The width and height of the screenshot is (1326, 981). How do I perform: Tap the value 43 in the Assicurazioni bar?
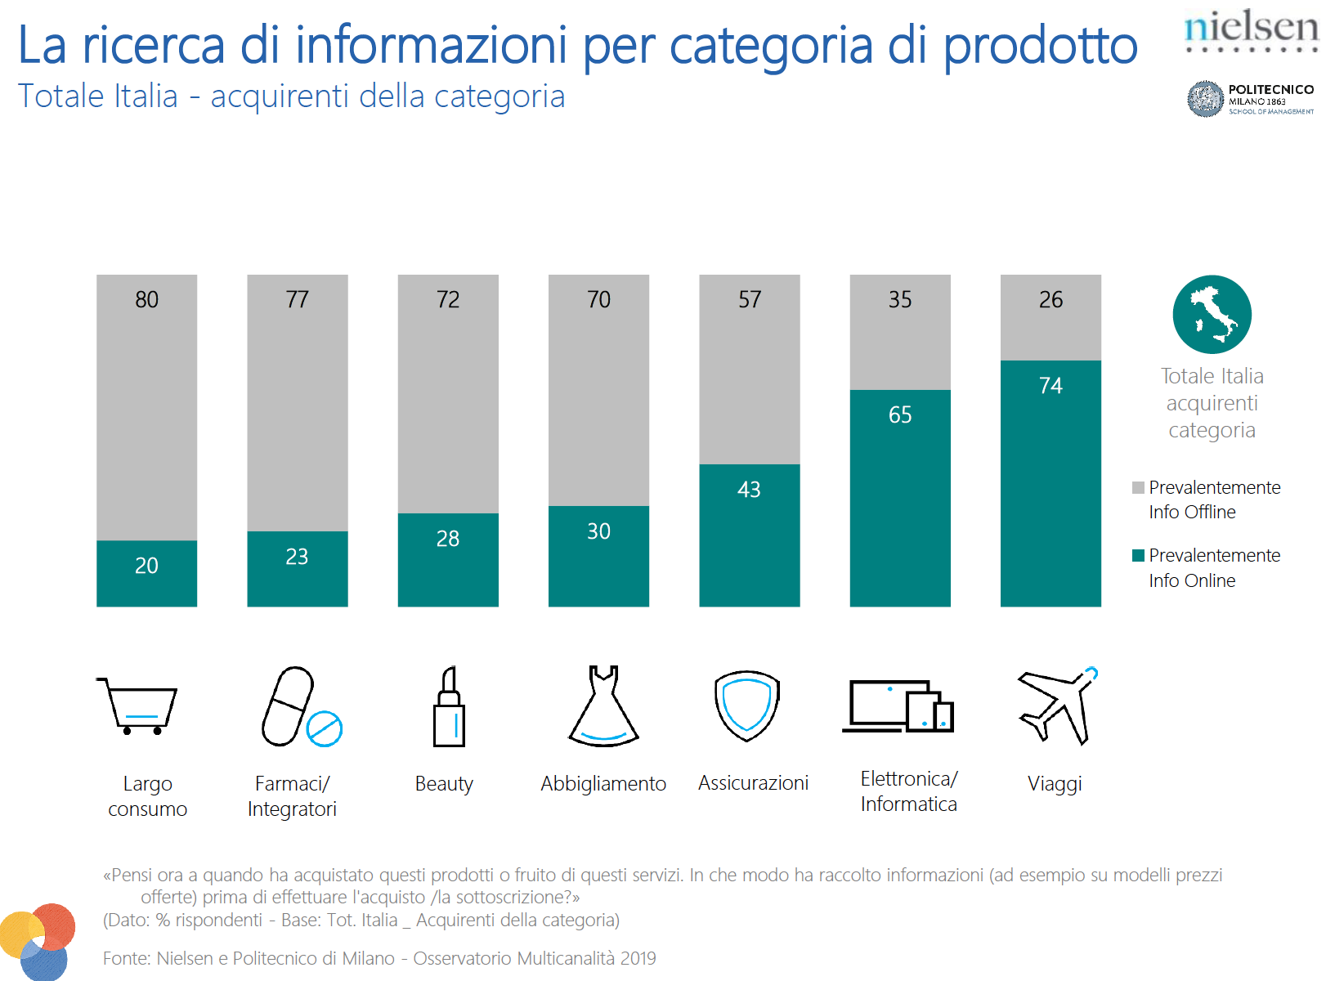point(749,490)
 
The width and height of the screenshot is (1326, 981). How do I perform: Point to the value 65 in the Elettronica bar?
point(900,415)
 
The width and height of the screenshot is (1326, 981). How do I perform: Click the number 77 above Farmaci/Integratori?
point(298,300)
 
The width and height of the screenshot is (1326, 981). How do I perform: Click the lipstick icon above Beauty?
point(449,707)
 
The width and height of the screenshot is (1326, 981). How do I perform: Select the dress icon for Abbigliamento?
point(603,707)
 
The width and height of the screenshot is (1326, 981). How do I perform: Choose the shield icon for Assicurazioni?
point(746,706)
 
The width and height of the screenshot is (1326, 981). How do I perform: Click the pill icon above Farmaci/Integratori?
point(299,707)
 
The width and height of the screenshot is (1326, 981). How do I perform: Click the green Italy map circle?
point(1212,315)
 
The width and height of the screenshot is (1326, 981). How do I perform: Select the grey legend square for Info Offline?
point(1138,488)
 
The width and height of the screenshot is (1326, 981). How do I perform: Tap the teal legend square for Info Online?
point(1138,556)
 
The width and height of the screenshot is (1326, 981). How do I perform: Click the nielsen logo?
point(1250,29)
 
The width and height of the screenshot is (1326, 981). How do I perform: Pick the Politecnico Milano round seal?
point(1205,99)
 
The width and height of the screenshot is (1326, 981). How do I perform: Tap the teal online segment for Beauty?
point(448,560)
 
